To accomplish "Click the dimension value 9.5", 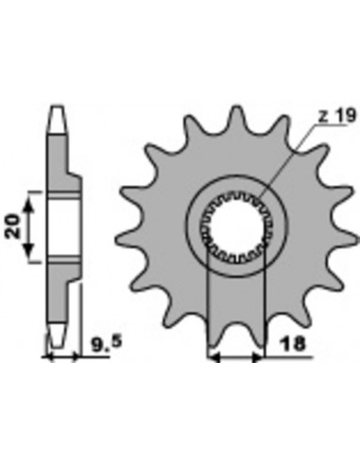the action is [106, 343].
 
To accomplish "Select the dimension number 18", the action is [294, 344].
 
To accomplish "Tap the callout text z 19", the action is [337, 116].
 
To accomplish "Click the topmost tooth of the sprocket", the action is [236, 116].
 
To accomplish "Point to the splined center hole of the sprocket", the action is [236, 225].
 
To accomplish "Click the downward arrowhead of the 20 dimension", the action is [28, 250].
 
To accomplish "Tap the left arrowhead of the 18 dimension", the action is [214, 357].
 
